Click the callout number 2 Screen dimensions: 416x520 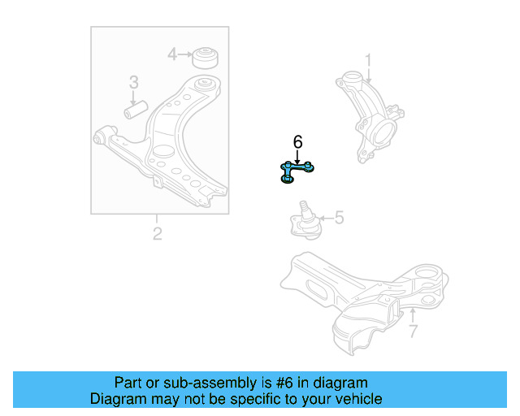pos(157,234)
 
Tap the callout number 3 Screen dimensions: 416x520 pos(133,82)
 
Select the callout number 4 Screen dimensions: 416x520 pos(172,54)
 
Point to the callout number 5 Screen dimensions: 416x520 pos(339,218)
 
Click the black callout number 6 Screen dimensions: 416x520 pos(297,142)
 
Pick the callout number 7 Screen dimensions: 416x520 pos(412,331)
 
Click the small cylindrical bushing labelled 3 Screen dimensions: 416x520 pos(135,107)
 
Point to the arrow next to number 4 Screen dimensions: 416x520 pos(184,54)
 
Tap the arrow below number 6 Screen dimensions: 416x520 pos(297,156)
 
